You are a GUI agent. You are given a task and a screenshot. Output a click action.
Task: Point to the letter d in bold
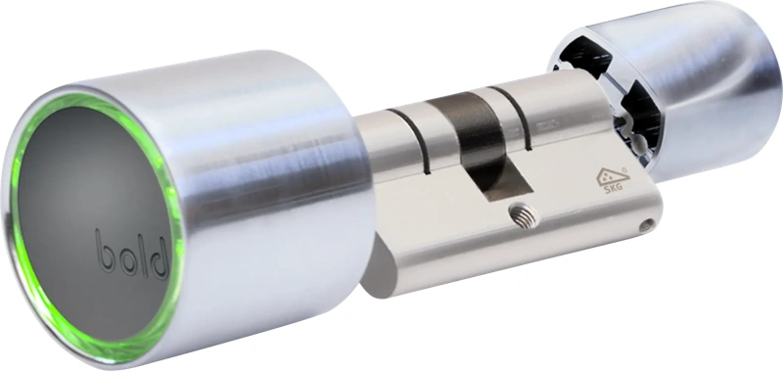(x=159, y=258)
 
